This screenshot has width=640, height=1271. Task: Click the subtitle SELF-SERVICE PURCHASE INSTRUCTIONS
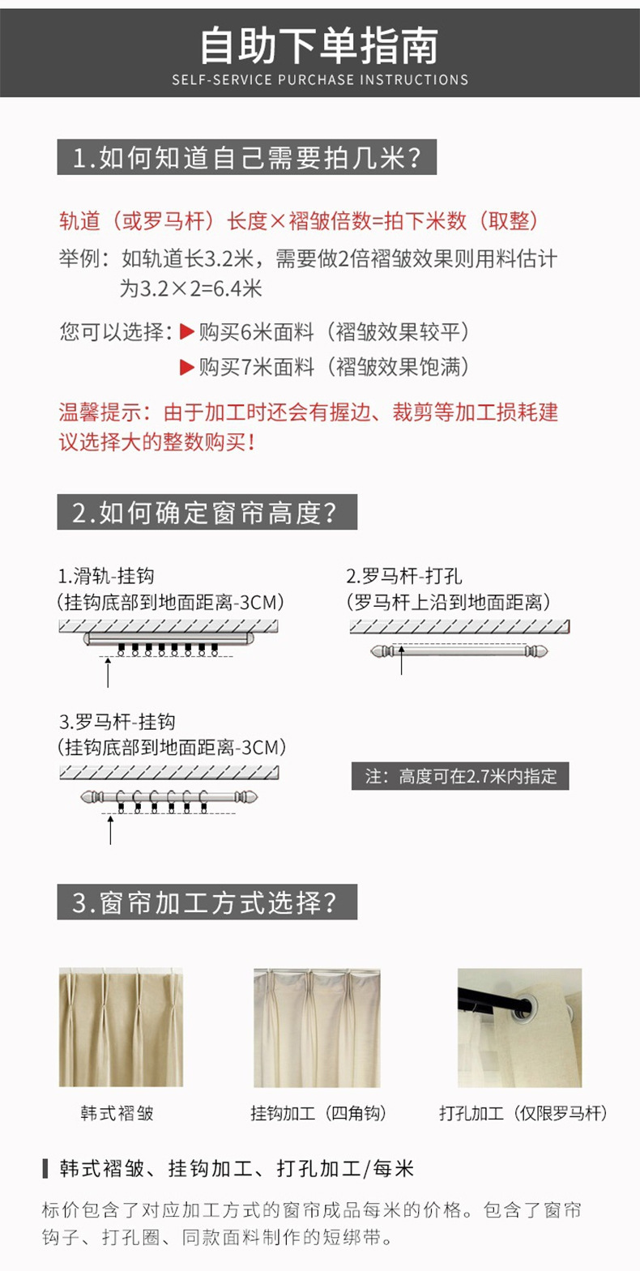[x=320, y=80]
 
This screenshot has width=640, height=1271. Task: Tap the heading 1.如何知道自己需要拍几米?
[x=247, y=157]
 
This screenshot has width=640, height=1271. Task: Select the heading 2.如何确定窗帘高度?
[x=207, y=512]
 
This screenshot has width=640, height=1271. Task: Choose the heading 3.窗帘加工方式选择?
[x=207, y=902]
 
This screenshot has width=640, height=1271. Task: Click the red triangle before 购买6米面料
[x=187, y=332]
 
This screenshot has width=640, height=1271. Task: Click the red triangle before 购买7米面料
[x=187, y=368]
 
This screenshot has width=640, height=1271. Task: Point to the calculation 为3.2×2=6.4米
[x=191, y=288]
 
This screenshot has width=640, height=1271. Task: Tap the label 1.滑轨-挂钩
[x=106, y=576]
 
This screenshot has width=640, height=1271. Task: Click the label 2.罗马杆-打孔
[x=404, y=576]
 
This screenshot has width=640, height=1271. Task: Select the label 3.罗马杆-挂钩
[x=117, y=721]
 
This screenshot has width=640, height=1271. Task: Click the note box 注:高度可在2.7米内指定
[x=460, y=776]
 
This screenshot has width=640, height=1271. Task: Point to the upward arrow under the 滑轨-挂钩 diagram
[x=108, y=672]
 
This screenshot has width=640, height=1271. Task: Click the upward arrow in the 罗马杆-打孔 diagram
[x=401, y=659]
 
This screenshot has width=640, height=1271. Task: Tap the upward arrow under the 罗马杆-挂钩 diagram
[x=111, y=830]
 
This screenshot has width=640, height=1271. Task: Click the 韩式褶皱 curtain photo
[x=121, y=1027]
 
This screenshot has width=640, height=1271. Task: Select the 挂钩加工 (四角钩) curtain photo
[x=317, y=1027]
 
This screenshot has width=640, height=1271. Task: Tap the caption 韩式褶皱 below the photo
[x=117, y=1113]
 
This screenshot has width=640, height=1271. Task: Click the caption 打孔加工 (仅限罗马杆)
[x=523, y=1113]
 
